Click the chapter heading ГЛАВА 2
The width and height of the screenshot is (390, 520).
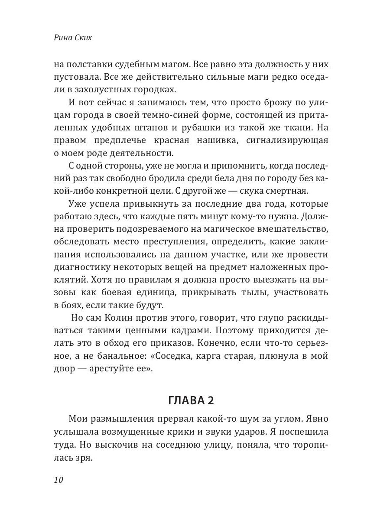pyautogui.click(x=191, y=401)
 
